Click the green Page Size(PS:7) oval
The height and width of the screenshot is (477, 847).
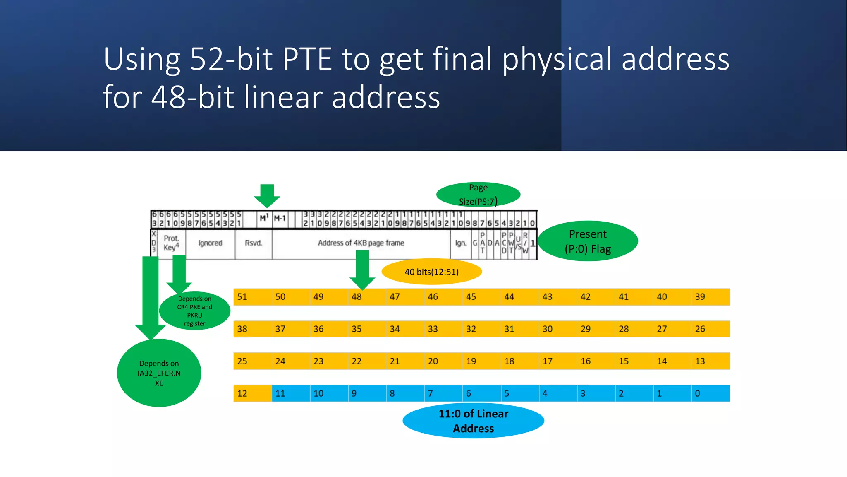click(478, 194)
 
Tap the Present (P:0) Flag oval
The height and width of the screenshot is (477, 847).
click(587, 241)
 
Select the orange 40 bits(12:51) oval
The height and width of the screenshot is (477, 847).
click(431, 272)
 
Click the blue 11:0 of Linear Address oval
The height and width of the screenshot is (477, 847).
click(473, 421)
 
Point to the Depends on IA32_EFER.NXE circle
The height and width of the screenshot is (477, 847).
click(159, 373)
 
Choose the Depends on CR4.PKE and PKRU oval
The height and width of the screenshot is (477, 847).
click(194, 311)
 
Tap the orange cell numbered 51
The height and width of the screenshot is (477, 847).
click(252, 297)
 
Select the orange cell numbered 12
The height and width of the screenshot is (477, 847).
click(252, 393)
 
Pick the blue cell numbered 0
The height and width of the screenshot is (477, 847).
click(710, 393)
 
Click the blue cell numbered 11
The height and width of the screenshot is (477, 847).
click(290, 393)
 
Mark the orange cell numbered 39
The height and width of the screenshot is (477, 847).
click(710, 297)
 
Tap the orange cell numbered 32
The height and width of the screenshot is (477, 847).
click(481, 329)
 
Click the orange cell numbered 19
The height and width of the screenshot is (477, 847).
click(481, 361)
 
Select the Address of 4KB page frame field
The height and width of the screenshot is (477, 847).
click(361, 243)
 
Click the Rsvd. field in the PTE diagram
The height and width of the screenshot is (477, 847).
click(253, 243)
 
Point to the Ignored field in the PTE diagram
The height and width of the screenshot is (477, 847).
click(210, 243)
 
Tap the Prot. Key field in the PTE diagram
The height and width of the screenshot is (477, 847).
click(171, 243)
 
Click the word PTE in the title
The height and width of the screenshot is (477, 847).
click(307, 59)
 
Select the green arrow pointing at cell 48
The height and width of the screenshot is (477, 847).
click(362, 269)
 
